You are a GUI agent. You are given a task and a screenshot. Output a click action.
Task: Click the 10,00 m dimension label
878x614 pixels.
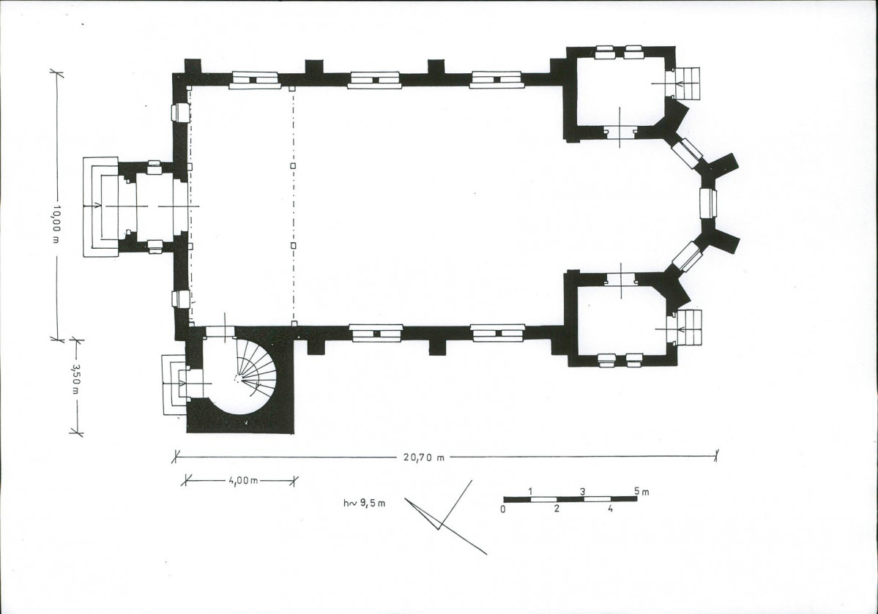[x=58, y=225]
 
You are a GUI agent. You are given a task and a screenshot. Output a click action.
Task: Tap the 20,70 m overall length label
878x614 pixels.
[x=423, y=457]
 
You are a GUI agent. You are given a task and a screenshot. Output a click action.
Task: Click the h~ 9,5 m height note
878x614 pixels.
[x=365, y=503]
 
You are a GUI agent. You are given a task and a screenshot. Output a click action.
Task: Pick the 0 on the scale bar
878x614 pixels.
[x=503, y=509]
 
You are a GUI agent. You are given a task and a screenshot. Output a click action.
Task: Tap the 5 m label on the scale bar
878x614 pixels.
[x=641, y=492]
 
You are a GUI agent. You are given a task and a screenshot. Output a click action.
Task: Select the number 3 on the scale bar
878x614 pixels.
[x=583, y=492]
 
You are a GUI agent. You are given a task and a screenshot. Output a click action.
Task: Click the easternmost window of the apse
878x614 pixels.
[x=708, y=203]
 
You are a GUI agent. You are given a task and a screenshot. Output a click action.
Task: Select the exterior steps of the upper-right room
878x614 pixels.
[x=686, y=83]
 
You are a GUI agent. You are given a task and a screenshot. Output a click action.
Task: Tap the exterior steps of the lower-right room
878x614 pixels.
[x=688, y=328]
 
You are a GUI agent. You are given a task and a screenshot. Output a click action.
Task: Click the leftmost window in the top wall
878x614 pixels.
[x=256, y=80]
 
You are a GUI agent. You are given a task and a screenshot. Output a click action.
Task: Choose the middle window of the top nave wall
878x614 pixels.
[x=374, y=80]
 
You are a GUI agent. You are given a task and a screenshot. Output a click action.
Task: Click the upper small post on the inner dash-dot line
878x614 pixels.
[x=292, y=165]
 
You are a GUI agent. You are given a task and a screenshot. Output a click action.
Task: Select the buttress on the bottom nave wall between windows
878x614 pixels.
[x=436, y=347]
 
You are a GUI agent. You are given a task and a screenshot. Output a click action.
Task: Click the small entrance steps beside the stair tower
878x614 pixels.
[x=173, y=384]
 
